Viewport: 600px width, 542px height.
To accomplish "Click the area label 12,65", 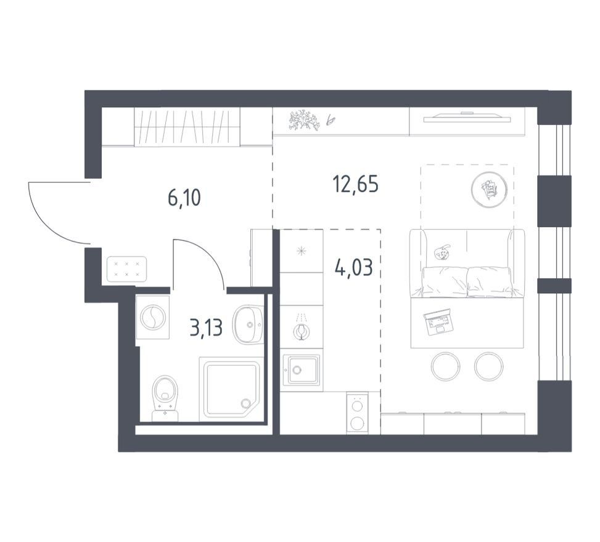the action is [x=356, y=185].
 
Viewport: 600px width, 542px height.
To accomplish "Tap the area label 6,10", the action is [x=184, y=198].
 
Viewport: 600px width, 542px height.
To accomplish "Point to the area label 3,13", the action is [x=206, y=328].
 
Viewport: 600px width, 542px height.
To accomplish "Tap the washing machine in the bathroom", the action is [x=153, y=317].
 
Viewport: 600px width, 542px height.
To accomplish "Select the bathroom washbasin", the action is [x=248, y=325].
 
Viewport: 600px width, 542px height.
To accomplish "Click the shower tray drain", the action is [x=245, y=402].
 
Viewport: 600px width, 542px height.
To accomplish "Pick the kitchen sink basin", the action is [x=301, y=369].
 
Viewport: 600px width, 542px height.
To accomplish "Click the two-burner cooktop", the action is [x=358, y=413].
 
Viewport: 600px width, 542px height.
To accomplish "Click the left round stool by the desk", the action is [x=445, y=366].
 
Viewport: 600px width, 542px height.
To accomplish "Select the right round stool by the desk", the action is [x=488, y=366].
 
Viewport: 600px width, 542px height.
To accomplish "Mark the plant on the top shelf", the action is [x=305, y=121].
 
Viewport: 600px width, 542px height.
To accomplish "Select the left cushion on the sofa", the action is [x=445, y=281].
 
